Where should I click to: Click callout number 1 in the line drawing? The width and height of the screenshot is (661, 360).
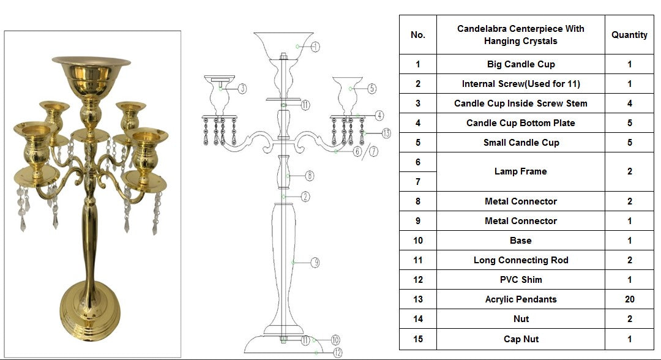(315, 47)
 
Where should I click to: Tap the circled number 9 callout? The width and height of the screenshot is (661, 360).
(315, 263)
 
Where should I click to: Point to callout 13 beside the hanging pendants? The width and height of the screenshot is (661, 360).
(386, 133)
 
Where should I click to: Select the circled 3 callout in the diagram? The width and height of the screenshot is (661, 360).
(242, 89)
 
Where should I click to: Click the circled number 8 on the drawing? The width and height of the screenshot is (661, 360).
(310, 176)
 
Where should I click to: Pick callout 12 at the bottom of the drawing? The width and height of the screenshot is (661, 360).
(338, 353)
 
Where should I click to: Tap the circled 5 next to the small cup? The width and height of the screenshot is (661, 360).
(372, 89)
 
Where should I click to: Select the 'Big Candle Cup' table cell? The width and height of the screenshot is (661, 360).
(521, 64)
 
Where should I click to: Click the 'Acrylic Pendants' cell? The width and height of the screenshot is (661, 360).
(521, 299)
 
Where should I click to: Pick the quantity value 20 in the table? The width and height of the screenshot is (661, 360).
(629, 299)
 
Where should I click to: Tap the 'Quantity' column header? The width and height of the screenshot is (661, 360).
(629, 35)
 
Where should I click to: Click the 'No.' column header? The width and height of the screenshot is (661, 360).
(418, 35)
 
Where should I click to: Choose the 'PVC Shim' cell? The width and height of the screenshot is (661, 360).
(521, 279)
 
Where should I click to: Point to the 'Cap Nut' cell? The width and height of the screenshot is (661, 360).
(521, 339)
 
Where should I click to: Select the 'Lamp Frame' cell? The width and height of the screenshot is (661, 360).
(521, 171)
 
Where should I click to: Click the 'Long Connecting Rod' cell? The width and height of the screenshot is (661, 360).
(521, 260)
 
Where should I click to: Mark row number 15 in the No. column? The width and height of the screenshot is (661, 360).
(418, 339)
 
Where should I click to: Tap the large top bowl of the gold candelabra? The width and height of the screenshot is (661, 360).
(91, 72)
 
